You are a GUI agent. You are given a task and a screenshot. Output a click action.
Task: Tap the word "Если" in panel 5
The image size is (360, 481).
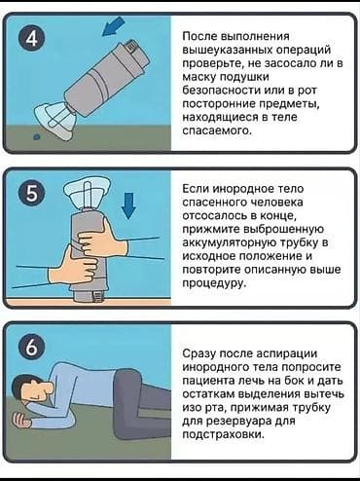point(198,190)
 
